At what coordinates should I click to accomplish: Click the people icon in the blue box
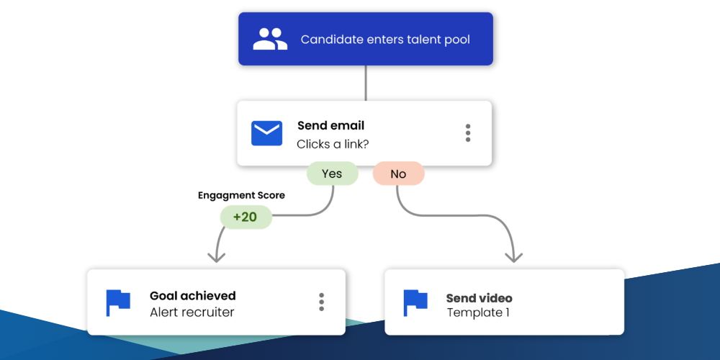(x=270, y=39)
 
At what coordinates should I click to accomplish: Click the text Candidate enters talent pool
(x=385, y=40)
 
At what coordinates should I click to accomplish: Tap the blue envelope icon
(x=266, y=133)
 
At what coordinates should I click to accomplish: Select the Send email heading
(x=330, y=126)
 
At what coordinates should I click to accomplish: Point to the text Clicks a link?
(x=333, y=144)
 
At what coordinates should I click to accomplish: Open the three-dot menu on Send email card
(x=468, y=133)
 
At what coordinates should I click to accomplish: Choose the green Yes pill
(x=332, y=174)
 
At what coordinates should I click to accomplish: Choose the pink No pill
(x=398, y=174)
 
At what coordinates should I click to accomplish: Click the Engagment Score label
(x=241, y=195)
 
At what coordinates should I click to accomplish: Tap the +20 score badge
(x=246, y=217)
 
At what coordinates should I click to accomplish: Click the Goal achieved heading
(x=192, y=295)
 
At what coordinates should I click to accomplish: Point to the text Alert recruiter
(x=192, y=312)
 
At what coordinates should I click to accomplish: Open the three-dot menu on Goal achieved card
(x=321, y=302)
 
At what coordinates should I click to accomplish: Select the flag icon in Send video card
(x=415, y=302)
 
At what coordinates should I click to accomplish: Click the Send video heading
(x=479, y=298)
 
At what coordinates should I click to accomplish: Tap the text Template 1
(x=479, y=313)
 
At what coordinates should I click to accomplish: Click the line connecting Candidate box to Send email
(x=366, y=83)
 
